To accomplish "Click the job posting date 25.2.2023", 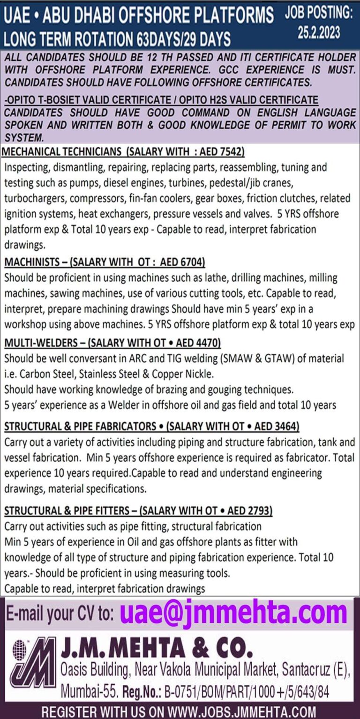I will [319, 32].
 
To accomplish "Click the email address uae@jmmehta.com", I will [233, 613].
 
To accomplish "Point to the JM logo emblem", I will [33, 662].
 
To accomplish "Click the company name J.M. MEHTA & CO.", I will [157, 648].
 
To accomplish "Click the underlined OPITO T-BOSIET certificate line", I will [161, 100].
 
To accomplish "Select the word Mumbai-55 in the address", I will [89, 691].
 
